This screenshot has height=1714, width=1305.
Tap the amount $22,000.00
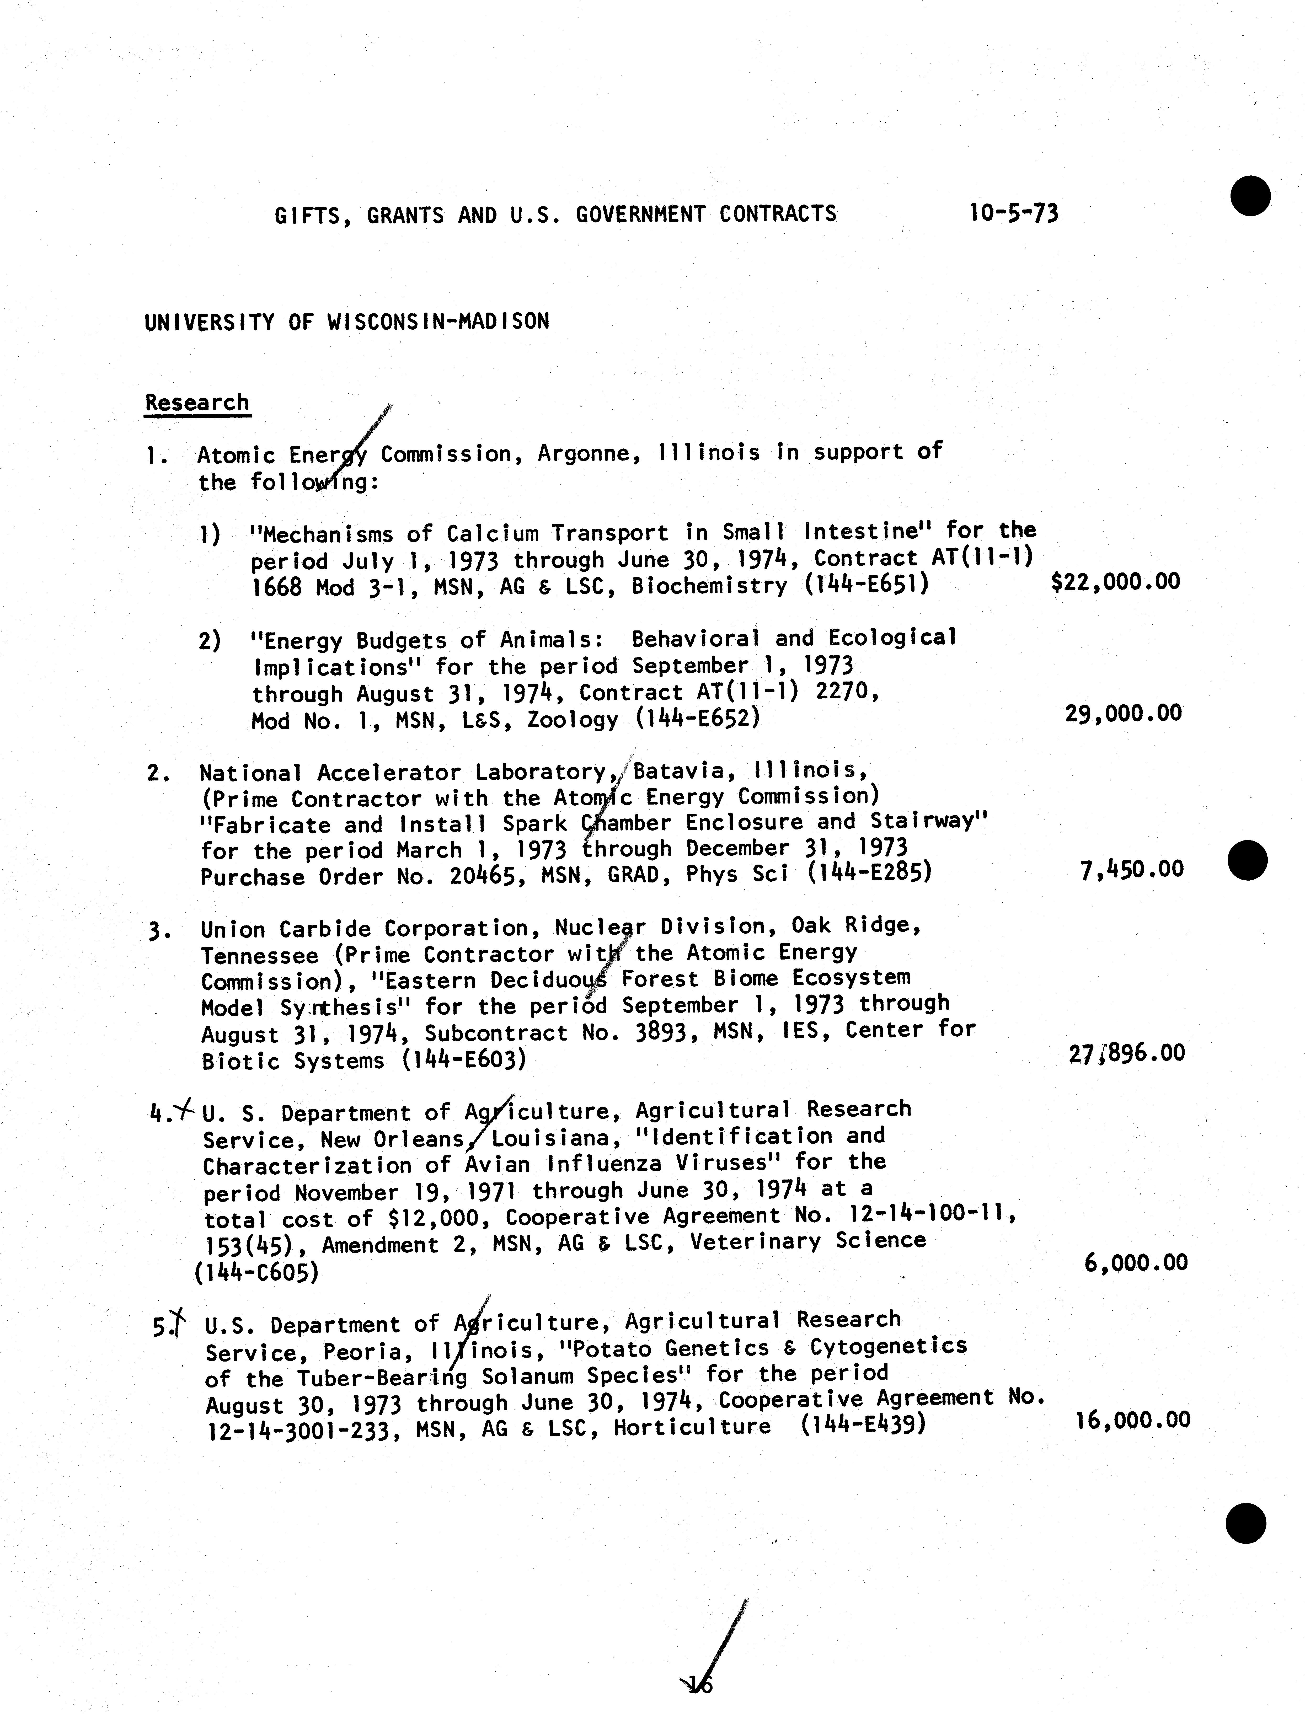coord(1115,582)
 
